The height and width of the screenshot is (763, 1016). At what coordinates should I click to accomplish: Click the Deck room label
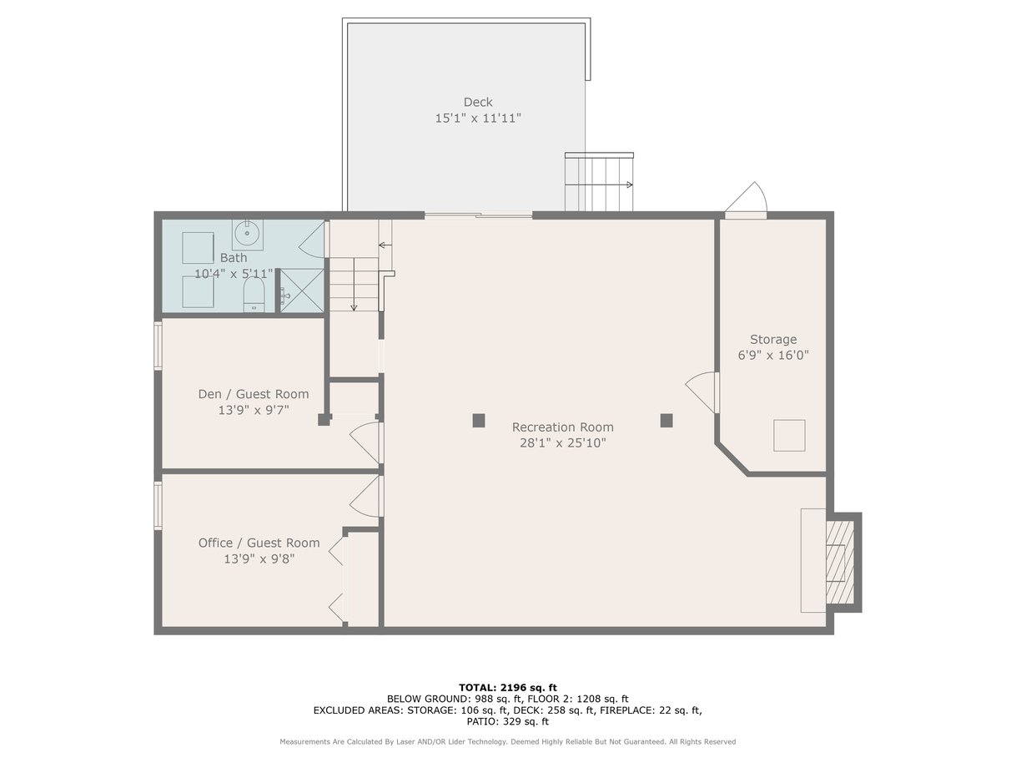tap(478, 102)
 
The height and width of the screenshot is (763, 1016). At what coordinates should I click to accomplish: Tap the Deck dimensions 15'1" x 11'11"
tap(478, 119)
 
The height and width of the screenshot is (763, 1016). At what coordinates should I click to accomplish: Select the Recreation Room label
tap(562, 427)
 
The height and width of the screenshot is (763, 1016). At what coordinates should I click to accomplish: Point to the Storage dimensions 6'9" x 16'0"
tap(773, 355)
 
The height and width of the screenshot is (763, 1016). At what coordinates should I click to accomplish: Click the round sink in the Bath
tap(247, 234)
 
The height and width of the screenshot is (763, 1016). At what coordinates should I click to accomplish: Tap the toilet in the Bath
tap(254, 294)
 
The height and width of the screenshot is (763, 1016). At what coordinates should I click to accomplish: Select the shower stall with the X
tap(302, 291)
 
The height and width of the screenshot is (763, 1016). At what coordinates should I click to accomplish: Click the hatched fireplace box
tap(840, 563)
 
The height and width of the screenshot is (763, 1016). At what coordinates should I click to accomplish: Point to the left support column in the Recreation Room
tap(479, 421)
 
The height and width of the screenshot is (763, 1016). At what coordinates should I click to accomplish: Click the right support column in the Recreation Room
tap(666, 421)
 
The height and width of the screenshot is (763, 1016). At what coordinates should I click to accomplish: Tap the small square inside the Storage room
tap(789, 436)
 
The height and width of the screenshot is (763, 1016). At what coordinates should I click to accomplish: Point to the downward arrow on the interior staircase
tap(354, 285)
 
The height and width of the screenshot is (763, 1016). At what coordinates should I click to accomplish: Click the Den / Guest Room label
tap(254, 394)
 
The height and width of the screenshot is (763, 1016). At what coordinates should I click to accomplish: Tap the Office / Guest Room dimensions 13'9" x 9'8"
tap(259, 558)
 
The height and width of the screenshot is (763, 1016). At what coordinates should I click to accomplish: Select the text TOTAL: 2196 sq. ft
tap(508, 688)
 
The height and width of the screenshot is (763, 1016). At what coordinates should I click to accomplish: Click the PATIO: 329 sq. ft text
tap(507, 721)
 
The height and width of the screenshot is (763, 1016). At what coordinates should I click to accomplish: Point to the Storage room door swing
tap(701, 392)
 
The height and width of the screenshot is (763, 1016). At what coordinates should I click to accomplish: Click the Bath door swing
tap(311, 239)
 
